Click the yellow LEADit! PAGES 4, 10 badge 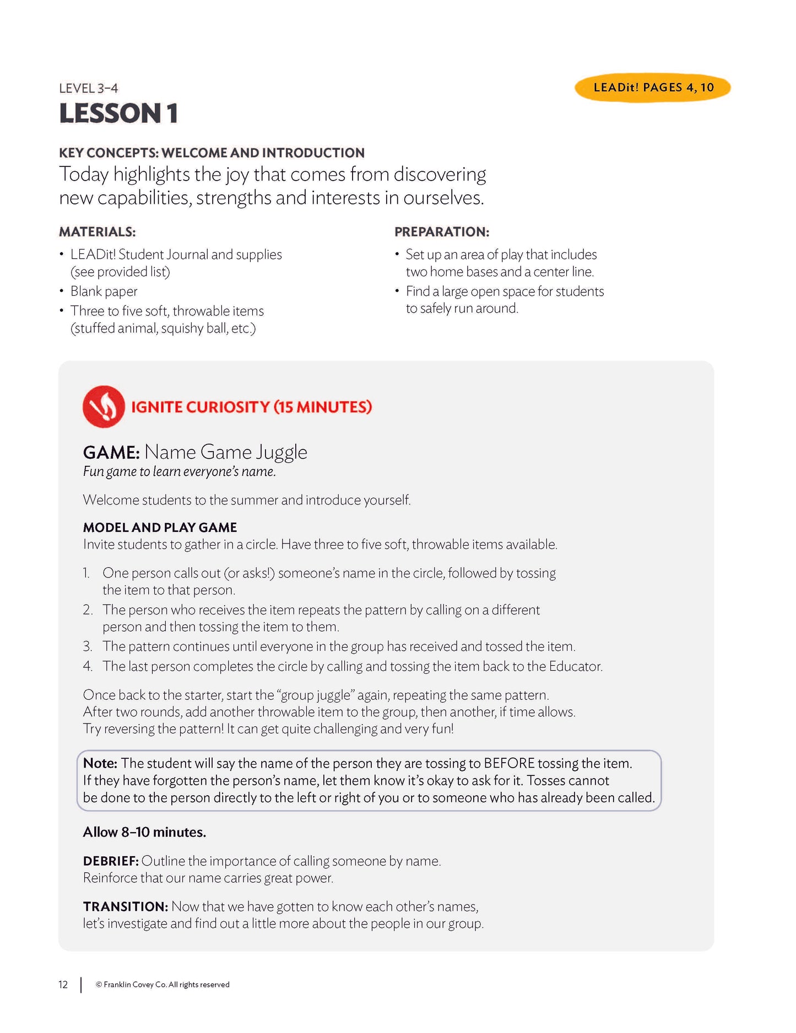coord(653,88)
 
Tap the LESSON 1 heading coord(118,113)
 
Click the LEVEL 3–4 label coord(88,88)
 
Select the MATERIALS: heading coord(98,232)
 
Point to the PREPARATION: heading coord(442,232)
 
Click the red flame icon coord(104,406)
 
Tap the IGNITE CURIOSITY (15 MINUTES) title coord(251,407)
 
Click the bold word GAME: coord(111,453)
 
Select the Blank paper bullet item coord(104,291)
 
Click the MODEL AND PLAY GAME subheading coord(160,528)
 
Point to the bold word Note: coord(100,763)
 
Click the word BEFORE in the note coord(509,763)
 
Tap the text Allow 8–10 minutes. coord(144,832)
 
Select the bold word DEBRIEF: coord(111,861)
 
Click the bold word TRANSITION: coord(125,906)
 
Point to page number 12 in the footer coord(63,985)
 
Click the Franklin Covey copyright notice coord(163,985)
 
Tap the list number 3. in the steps coord(88,646)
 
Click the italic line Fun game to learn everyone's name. coord(179,472)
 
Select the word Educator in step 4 coord(575,666)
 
